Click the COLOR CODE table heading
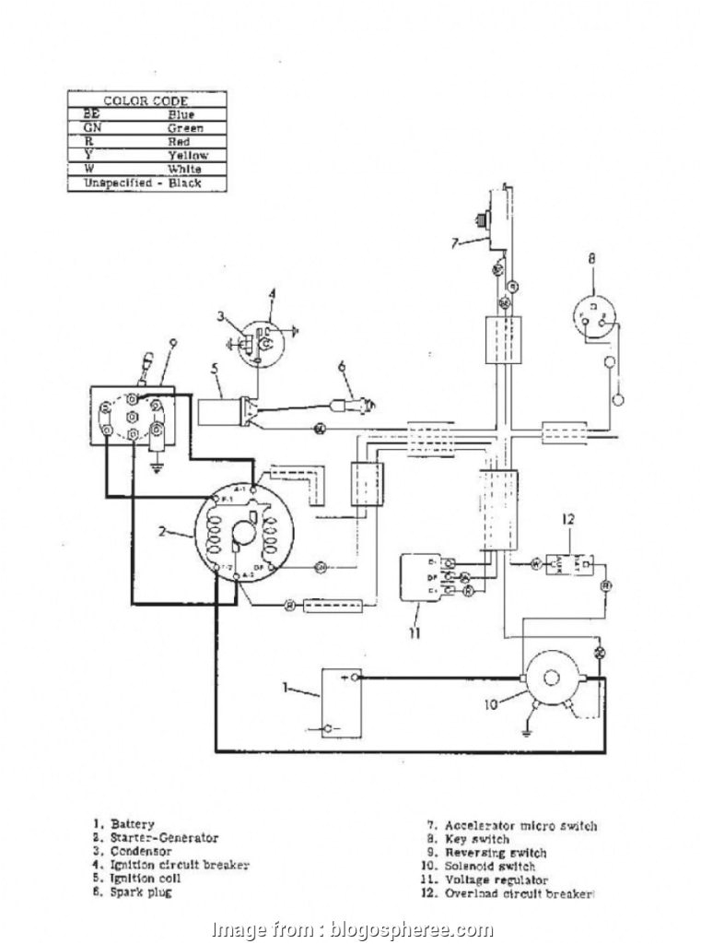coord(146,100)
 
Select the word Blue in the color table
coord(181,114)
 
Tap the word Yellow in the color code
coord(187,156)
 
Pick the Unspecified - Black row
coord(143,183)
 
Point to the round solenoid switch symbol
coord(550,679)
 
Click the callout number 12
coord(567,520)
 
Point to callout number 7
coord(454,243)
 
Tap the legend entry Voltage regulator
coord(502,879)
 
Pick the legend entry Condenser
coord(144,851)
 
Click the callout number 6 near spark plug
coord(340,366)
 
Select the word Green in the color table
coord(185,128)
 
